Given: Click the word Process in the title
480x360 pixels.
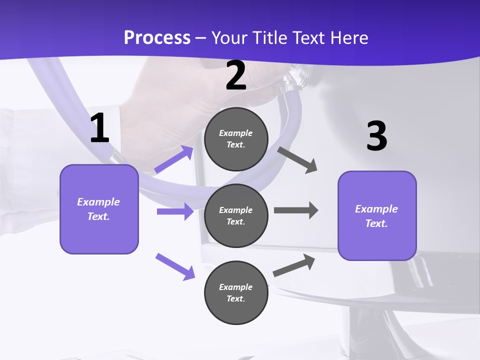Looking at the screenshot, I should point(157,37).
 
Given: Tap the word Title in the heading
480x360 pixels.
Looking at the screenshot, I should point(267,37).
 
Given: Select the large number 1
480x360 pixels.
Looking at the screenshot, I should point(99,128).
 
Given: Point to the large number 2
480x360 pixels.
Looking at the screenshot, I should point(236,76).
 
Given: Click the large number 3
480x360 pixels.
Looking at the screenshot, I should point(376,136).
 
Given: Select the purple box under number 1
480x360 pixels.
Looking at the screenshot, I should point(99,209).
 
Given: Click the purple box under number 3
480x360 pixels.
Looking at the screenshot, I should point(377,216).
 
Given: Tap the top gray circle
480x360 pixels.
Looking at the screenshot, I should point(236,139).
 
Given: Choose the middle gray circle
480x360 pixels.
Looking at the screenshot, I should point(236,215).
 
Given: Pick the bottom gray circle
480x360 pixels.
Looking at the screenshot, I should point(236,292).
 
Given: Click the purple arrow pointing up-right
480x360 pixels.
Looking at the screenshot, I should point(174,159).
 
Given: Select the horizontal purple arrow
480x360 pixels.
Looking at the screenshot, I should point(175,211).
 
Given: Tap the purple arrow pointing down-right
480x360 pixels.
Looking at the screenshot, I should point(175,266).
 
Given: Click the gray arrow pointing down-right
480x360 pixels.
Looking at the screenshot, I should point(297,159).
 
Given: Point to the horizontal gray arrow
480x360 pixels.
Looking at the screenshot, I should point(296,210).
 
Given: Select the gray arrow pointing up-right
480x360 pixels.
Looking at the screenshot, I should point(294,265).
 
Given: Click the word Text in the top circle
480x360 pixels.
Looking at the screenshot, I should point(235,145).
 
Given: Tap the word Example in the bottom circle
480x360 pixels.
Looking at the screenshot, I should point(236,287).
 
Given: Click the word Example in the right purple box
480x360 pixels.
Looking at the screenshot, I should point(376,209).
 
